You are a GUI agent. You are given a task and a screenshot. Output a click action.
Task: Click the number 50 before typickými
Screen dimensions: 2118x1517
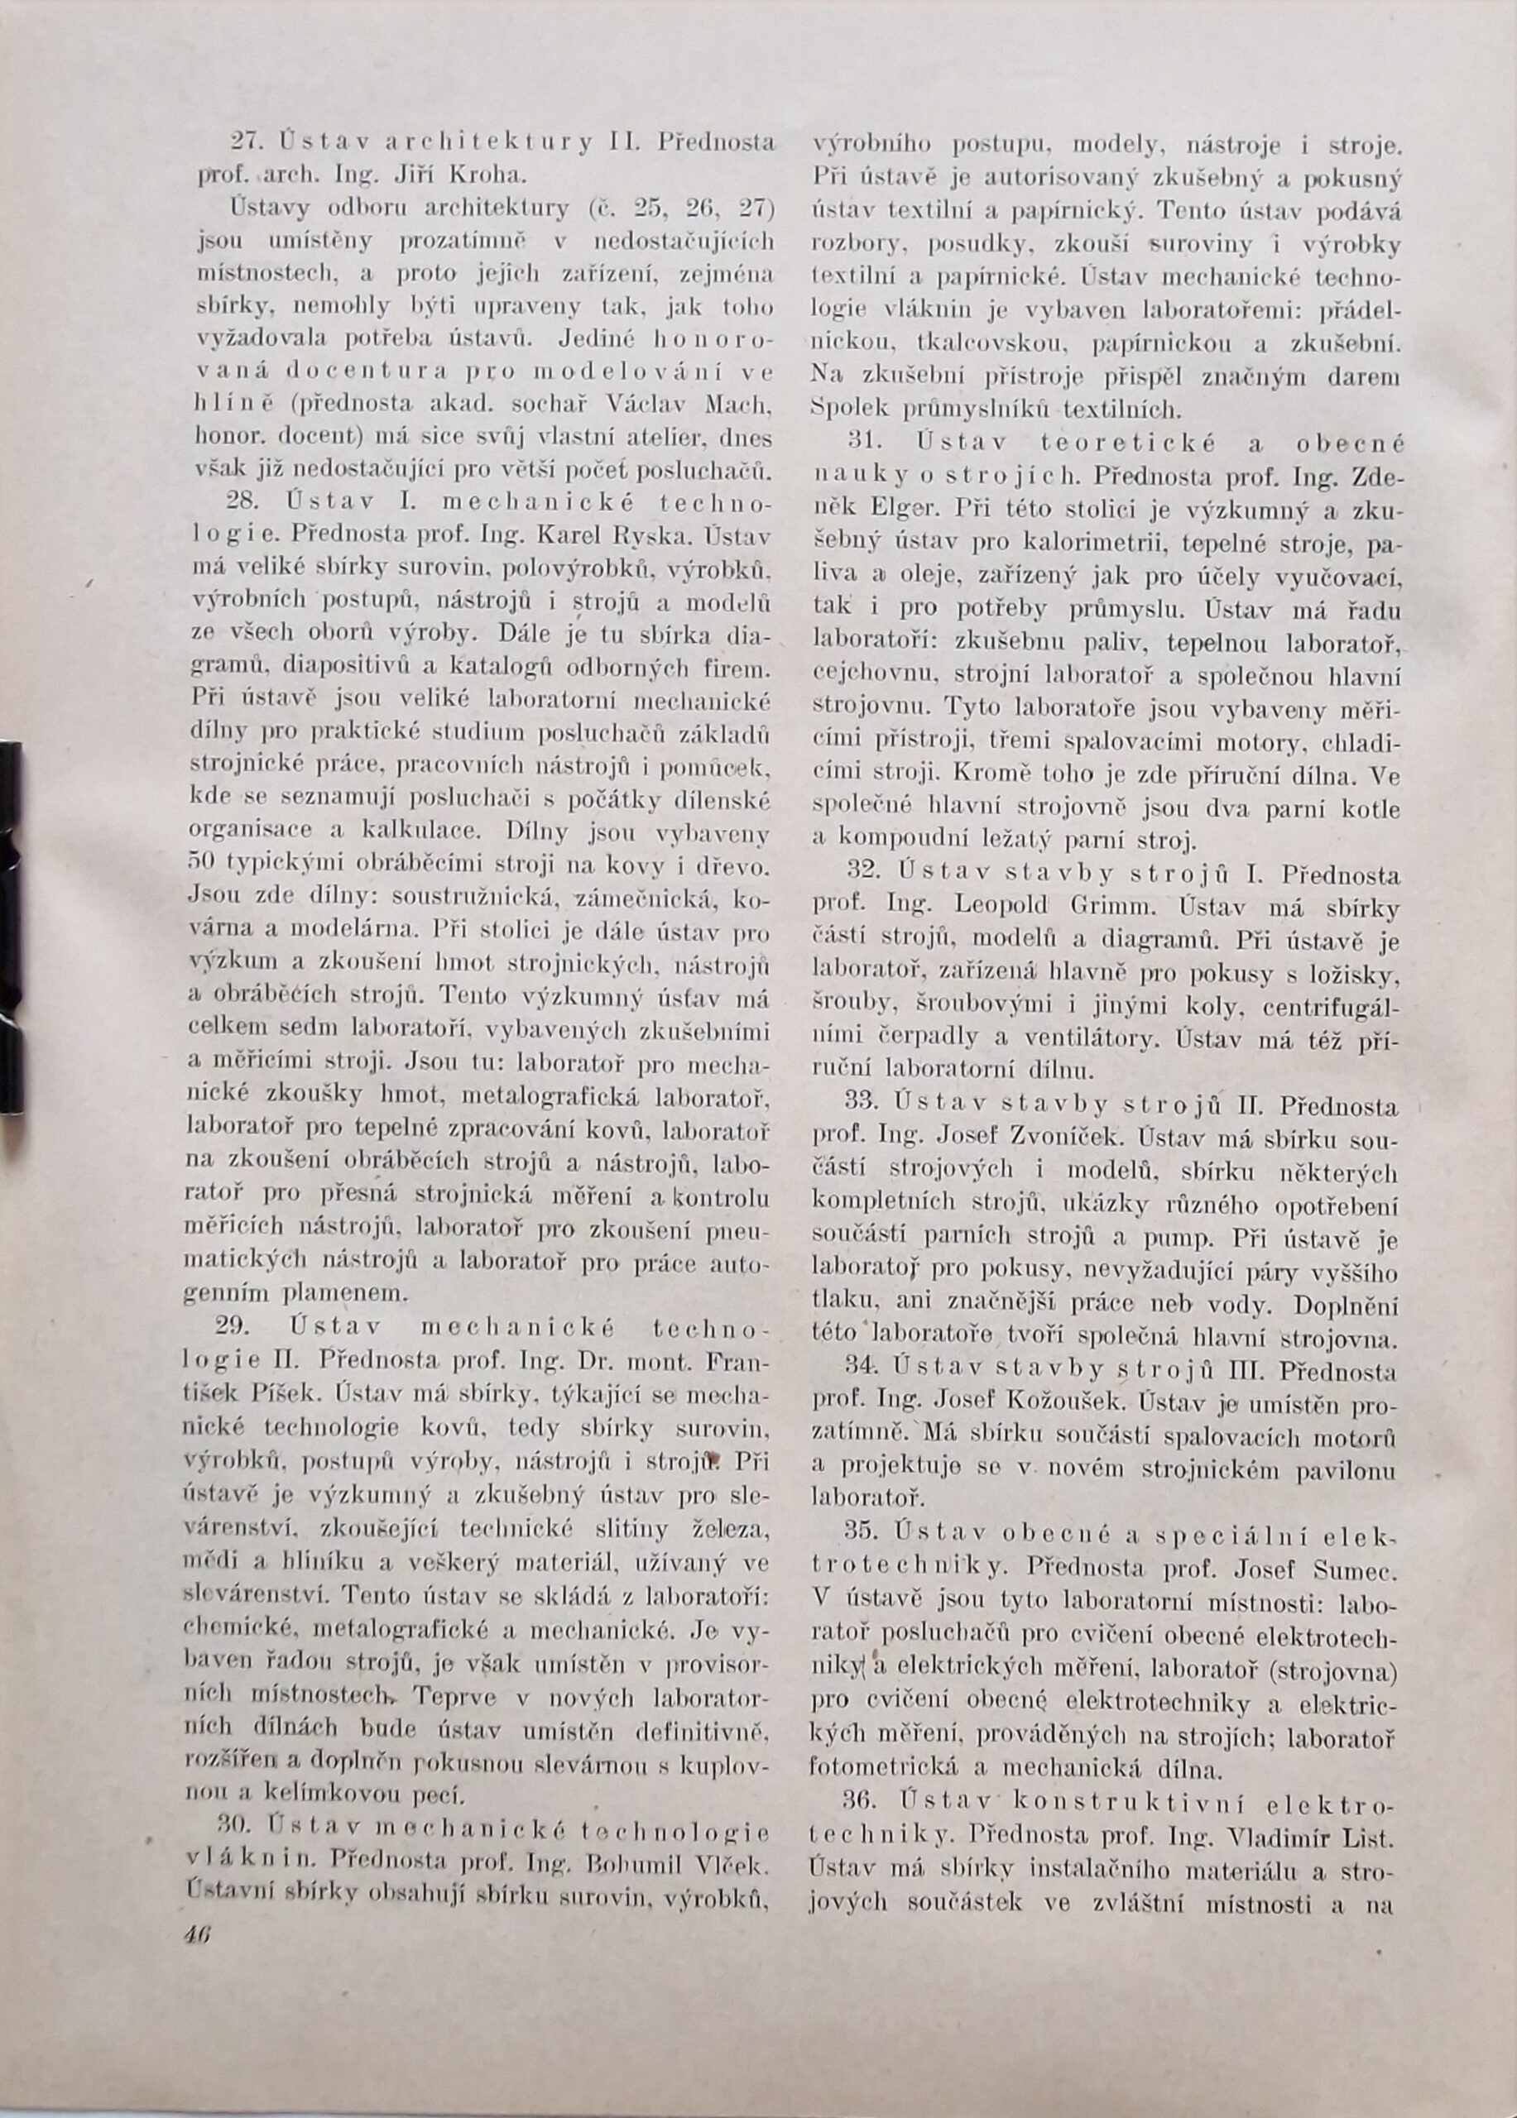[x=203, y=865]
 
